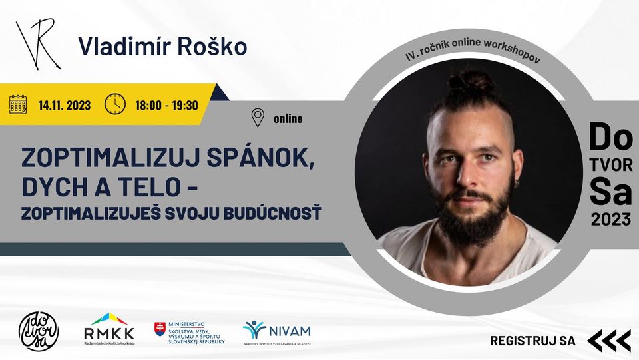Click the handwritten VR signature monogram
[x=37, y=43]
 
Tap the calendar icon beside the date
[x=18, y=104]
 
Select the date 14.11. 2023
[x=65, y=106]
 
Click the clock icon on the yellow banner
[x=115, y=104]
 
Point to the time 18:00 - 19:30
[x=166, y=106]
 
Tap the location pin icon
[x=258, y=118]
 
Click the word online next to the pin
[x=288, y=119]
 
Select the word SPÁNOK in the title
[x=260, y=158]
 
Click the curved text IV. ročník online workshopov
[x=473, y=50]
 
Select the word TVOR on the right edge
[x=611, y=165]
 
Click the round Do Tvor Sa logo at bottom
[x=39, y=331]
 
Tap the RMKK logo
[x=108, y=329]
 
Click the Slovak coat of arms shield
[x=160, y=329]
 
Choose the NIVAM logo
[x=277, y=332]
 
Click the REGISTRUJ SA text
[x=532, y=341]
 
